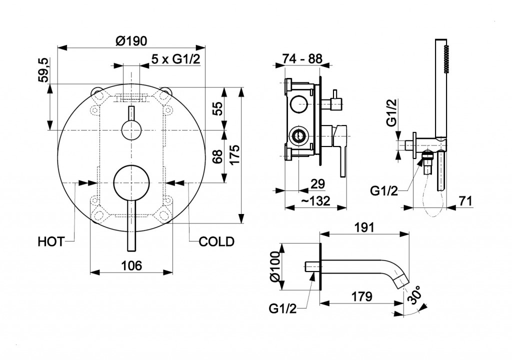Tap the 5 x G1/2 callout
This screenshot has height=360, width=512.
pos(175,59)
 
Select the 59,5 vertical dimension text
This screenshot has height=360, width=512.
pos(43,70)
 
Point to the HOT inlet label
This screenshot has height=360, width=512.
pos(51,242)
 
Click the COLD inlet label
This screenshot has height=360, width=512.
pos(216,242)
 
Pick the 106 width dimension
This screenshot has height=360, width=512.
pos(131,265)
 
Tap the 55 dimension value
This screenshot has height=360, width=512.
pos(217,108)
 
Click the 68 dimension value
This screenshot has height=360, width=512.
pos(217,156)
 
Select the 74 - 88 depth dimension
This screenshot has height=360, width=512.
pos(301,58)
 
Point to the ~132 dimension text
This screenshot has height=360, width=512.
pos(316,201)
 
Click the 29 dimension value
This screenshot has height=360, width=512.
pos(318,183)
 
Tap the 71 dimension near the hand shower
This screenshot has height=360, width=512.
pos(465,201)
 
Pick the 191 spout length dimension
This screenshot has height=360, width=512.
pos(364,227)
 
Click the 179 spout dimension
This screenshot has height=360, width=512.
pos(361,296)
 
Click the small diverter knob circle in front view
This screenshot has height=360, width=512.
pos(131,130)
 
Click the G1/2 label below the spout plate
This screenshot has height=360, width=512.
pos(283,308)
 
